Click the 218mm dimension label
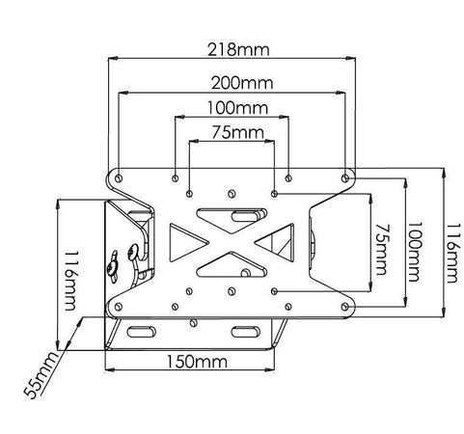pos(238,49)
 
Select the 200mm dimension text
pos(242,83)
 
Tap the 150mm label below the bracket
pos(197,362)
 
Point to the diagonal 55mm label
pos(41,375)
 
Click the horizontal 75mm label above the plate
pos(237,132)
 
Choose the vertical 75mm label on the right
pos(381,250)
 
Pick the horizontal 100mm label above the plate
pos(237,108)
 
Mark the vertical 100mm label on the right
pos(414,252)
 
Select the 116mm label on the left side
pos(70,281)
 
